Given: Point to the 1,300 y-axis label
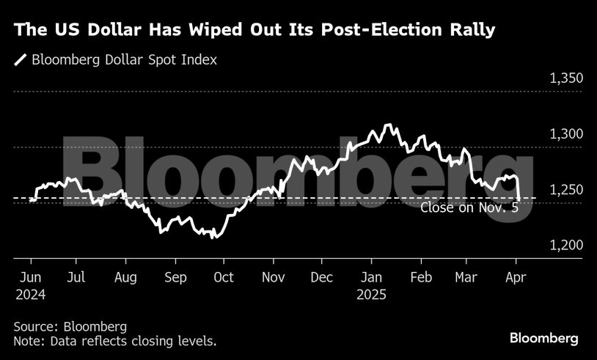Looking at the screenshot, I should pyautogui.click(x=565, y=134).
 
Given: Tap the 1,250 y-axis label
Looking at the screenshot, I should pyautogui.click(x=565, y=190).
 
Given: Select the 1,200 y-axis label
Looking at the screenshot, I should pyautogui.click(x=565, y=245).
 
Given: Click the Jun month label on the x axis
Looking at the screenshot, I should pyautogui.click(x=30, y=277).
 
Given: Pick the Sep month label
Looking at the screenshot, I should pyautogui.click(x=175, y=277).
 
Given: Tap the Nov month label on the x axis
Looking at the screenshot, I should pyautogui.click(x=273, y=277).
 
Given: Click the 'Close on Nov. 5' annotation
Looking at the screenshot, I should pyautogui.click(x=469, y=207).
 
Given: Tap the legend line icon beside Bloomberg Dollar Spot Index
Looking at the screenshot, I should pyautogui.click(x=20, y=60).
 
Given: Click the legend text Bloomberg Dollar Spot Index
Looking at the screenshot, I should pyautogui.click(x=125, y=60).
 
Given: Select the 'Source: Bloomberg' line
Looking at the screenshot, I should pyautogui.click(x=70, y=326).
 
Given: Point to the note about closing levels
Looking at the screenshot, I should pyautogui.click(x=114, y=341).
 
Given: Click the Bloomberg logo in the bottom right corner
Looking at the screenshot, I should pyautogui.click(x=544, y=338).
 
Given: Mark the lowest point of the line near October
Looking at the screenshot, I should pyautogui.click(x=213, y=238).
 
